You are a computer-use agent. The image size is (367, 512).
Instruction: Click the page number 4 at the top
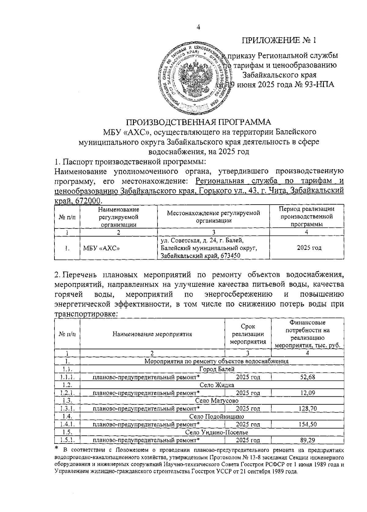[x=198, y=27]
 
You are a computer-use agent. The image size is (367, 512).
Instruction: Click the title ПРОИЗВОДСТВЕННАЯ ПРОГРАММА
[x=199, y=122]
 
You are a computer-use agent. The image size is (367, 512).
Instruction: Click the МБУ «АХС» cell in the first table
[x=101, y=248]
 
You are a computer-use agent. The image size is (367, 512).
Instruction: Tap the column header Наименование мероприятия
[x=152, y=334]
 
